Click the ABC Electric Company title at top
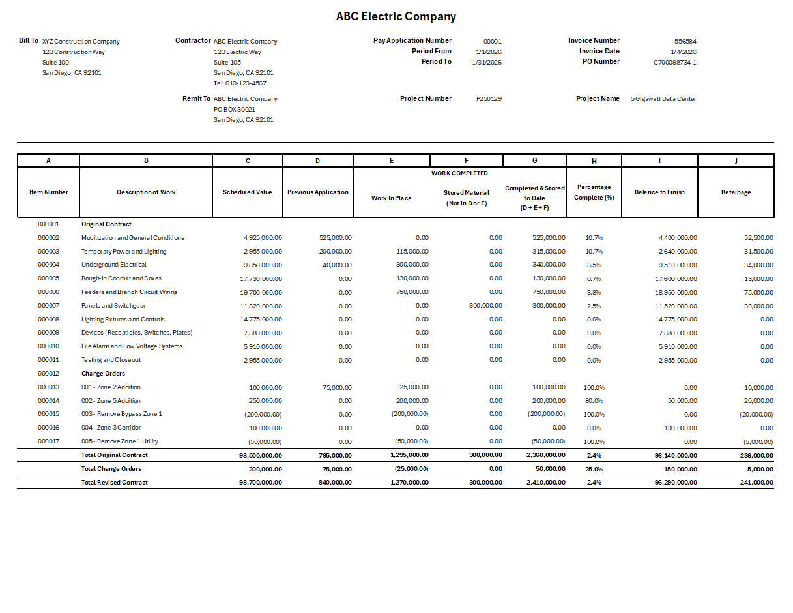pos(396,17)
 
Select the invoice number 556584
pos(685,41)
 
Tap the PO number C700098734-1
pos(674,63)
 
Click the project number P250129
pos(489,99)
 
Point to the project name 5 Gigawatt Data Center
pos(663,99)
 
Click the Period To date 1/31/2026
pos(486,63)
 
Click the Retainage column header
pos(736,192)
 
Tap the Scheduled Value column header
pos(247,192)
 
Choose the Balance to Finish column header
pos(659,192)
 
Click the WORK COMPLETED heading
pos(459,173)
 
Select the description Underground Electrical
pos(114,265)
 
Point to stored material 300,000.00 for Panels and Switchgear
pos(485,306)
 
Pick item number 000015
pos(48,414)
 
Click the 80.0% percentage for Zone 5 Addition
pos(594,401)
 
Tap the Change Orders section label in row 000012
pos(102,374)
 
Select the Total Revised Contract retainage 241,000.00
pos(753,483)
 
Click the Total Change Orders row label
pos(111,469)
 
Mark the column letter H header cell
pos(594,160)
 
